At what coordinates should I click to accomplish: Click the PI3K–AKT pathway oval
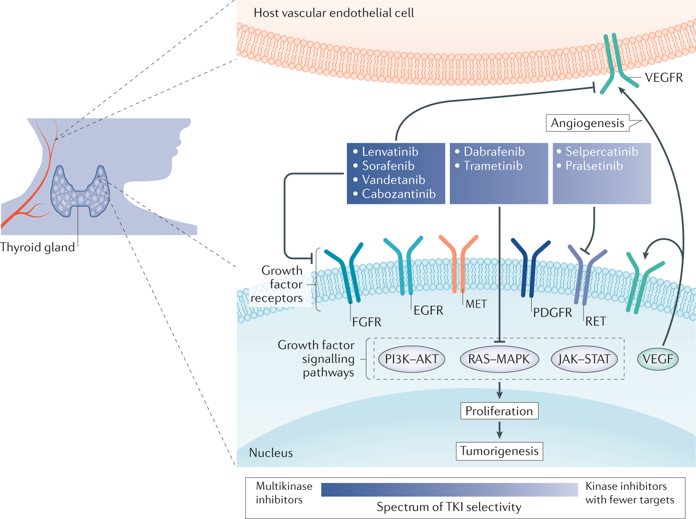(x=411, y=359)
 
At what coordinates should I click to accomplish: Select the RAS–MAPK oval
(x=499, y=359)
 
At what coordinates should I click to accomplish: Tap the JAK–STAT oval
(x=584, y=359)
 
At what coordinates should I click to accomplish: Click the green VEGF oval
(x=657, y=359)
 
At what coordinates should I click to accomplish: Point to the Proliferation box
(x=499, y=411)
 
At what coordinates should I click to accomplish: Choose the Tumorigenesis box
(x=499, y=451)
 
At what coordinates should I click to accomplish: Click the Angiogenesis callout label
(x=587, y=123)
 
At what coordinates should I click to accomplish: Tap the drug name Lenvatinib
(x=390, y=152)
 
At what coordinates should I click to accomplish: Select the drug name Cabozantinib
(x=398, y=194)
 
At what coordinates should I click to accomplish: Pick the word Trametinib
(x=493, y=166)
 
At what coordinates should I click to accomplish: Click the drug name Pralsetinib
(x=594, y=166)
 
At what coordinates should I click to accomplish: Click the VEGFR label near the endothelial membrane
(x=664, y=77)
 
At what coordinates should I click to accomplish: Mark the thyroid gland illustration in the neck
(x=80, y=191)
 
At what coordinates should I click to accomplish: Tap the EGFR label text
(x=428, y=311)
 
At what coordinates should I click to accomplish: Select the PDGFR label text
(x=552, y=313)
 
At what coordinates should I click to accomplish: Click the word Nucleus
(x=271, y=453)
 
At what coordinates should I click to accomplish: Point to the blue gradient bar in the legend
(x=449, y=490)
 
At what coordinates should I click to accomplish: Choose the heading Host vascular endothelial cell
(x=334, y=13)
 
